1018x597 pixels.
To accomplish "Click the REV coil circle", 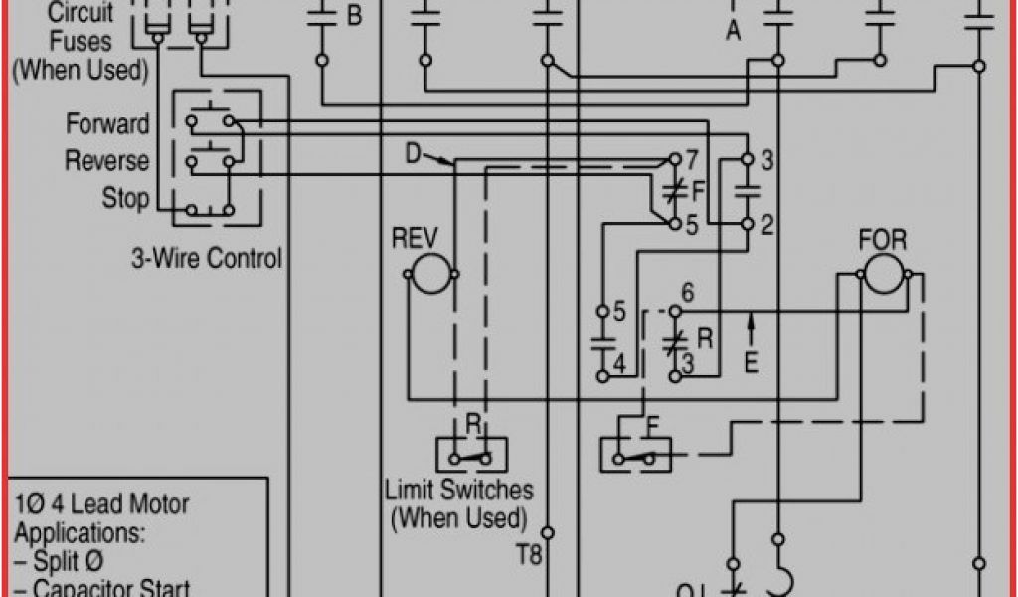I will coord(432,273).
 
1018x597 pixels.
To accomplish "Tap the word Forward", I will coord(107,124).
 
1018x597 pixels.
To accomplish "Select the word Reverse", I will coord(107,161).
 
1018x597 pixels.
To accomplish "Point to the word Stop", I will coord(125,198).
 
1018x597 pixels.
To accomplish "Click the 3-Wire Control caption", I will coord(207,259).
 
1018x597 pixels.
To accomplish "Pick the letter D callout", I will coord(414,154).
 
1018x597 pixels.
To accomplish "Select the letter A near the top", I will coord(734,32).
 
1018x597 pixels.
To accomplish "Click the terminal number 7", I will coord(692,159).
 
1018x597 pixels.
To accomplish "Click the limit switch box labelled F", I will coord(636,454).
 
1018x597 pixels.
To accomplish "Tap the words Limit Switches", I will coord(458,490).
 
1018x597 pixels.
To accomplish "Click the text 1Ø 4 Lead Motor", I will coord(101,504).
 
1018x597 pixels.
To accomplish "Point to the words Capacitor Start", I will coord(112,587).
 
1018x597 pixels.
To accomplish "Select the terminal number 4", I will coord(619,364).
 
